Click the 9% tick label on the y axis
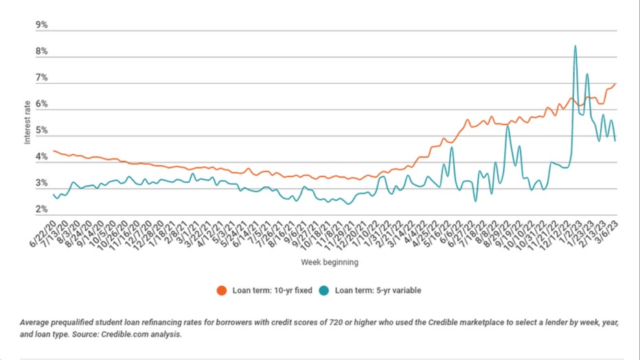click(41, 25)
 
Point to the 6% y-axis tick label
click(41, 104)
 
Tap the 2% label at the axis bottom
click(41, 210)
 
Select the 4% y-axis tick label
click(41, 157)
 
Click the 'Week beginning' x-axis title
click(329, 262)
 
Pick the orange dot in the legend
click(222, 290)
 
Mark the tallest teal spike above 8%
click(575, 46)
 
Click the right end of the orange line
click(615, 84)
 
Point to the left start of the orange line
click(54, 151)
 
